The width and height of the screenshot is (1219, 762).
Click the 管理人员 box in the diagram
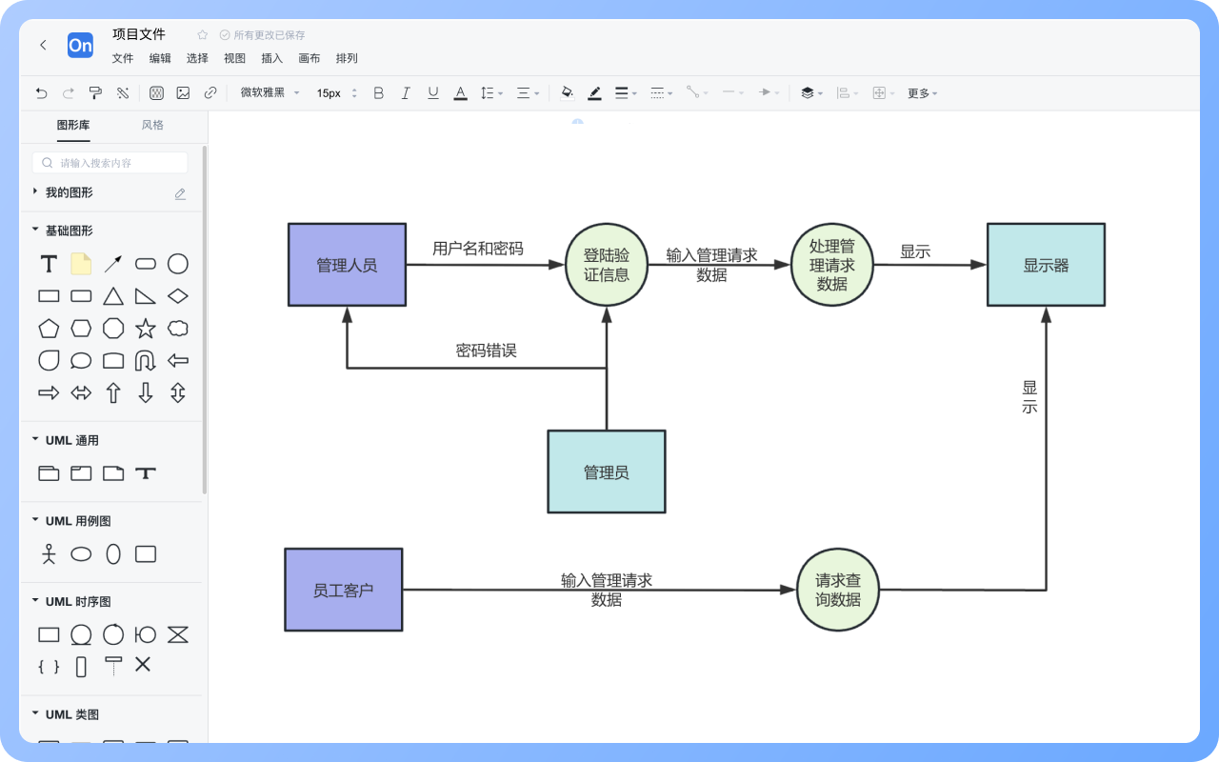(347, 265)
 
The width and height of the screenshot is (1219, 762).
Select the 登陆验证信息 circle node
(607, 265)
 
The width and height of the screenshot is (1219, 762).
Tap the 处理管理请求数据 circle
(831, 265)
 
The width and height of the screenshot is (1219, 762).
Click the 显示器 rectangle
(1046, 265)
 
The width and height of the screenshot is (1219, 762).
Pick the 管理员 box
(606, 471)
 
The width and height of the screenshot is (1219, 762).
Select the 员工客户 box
(343, 590)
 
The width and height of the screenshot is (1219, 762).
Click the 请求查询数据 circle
(837, 590)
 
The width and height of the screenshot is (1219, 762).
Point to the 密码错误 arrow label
(486, 351)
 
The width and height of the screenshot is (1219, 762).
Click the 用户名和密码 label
(477, 249)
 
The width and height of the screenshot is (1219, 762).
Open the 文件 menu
(123, 58)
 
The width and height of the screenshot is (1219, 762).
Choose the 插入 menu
(271, 58)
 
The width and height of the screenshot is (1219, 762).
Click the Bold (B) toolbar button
(378, 93)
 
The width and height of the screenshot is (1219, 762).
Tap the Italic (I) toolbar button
(406, 93)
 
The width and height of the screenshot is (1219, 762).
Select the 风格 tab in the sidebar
(152, 125)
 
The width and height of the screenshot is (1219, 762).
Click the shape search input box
(110, 163)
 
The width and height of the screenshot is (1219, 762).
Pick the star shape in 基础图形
(146, 329)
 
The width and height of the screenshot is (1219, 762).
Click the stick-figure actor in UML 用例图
(49, 553)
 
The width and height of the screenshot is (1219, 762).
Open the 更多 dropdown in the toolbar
(921, 93)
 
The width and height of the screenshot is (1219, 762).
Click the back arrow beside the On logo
(43, 45)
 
